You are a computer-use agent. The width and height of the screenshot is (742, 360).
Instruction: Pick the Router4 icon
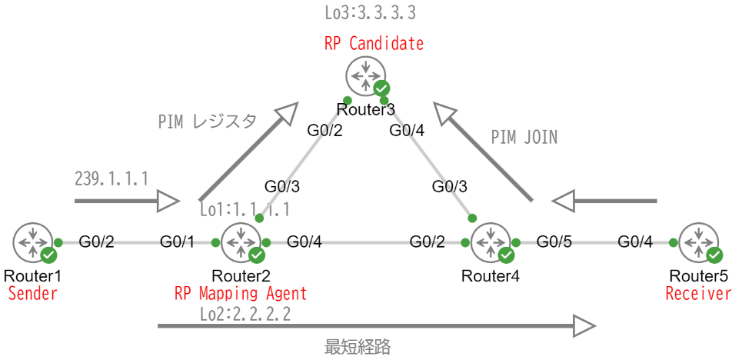(x=491, y=243)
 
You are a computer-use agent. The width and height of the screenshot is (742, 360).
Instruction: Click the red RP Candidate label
(x=374, y=43)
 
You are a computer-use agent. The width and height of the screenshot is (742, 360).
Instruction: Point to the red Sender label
(x=32, y=293)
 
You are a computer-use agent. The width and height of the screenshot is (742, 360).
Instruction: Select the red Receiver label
(x=698, y=293)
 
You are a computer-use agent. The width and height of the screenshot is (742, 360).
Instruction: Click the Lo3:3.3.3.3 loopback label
(x=371, y=14)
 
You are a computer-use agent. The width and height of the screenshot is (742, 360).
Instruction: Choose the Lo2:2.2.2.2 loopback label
(x=245, y=313)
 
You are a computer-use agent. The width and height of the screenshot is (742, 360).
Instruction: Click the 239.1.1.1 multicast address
(x=111, y=178)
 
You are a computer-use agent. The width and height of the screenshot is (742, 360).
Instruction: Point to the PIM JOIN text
(x=524, y=137)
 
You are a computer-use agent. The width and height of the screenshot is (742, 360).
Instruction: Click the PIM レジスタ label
(x=207, y=122)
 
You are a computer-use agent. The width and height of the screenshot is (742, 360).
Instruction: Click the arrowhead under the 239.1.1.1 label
(x=168, y=202)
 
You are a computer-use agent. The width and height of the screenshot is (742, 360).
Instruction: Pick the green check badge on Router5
(x=714, y=255)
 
